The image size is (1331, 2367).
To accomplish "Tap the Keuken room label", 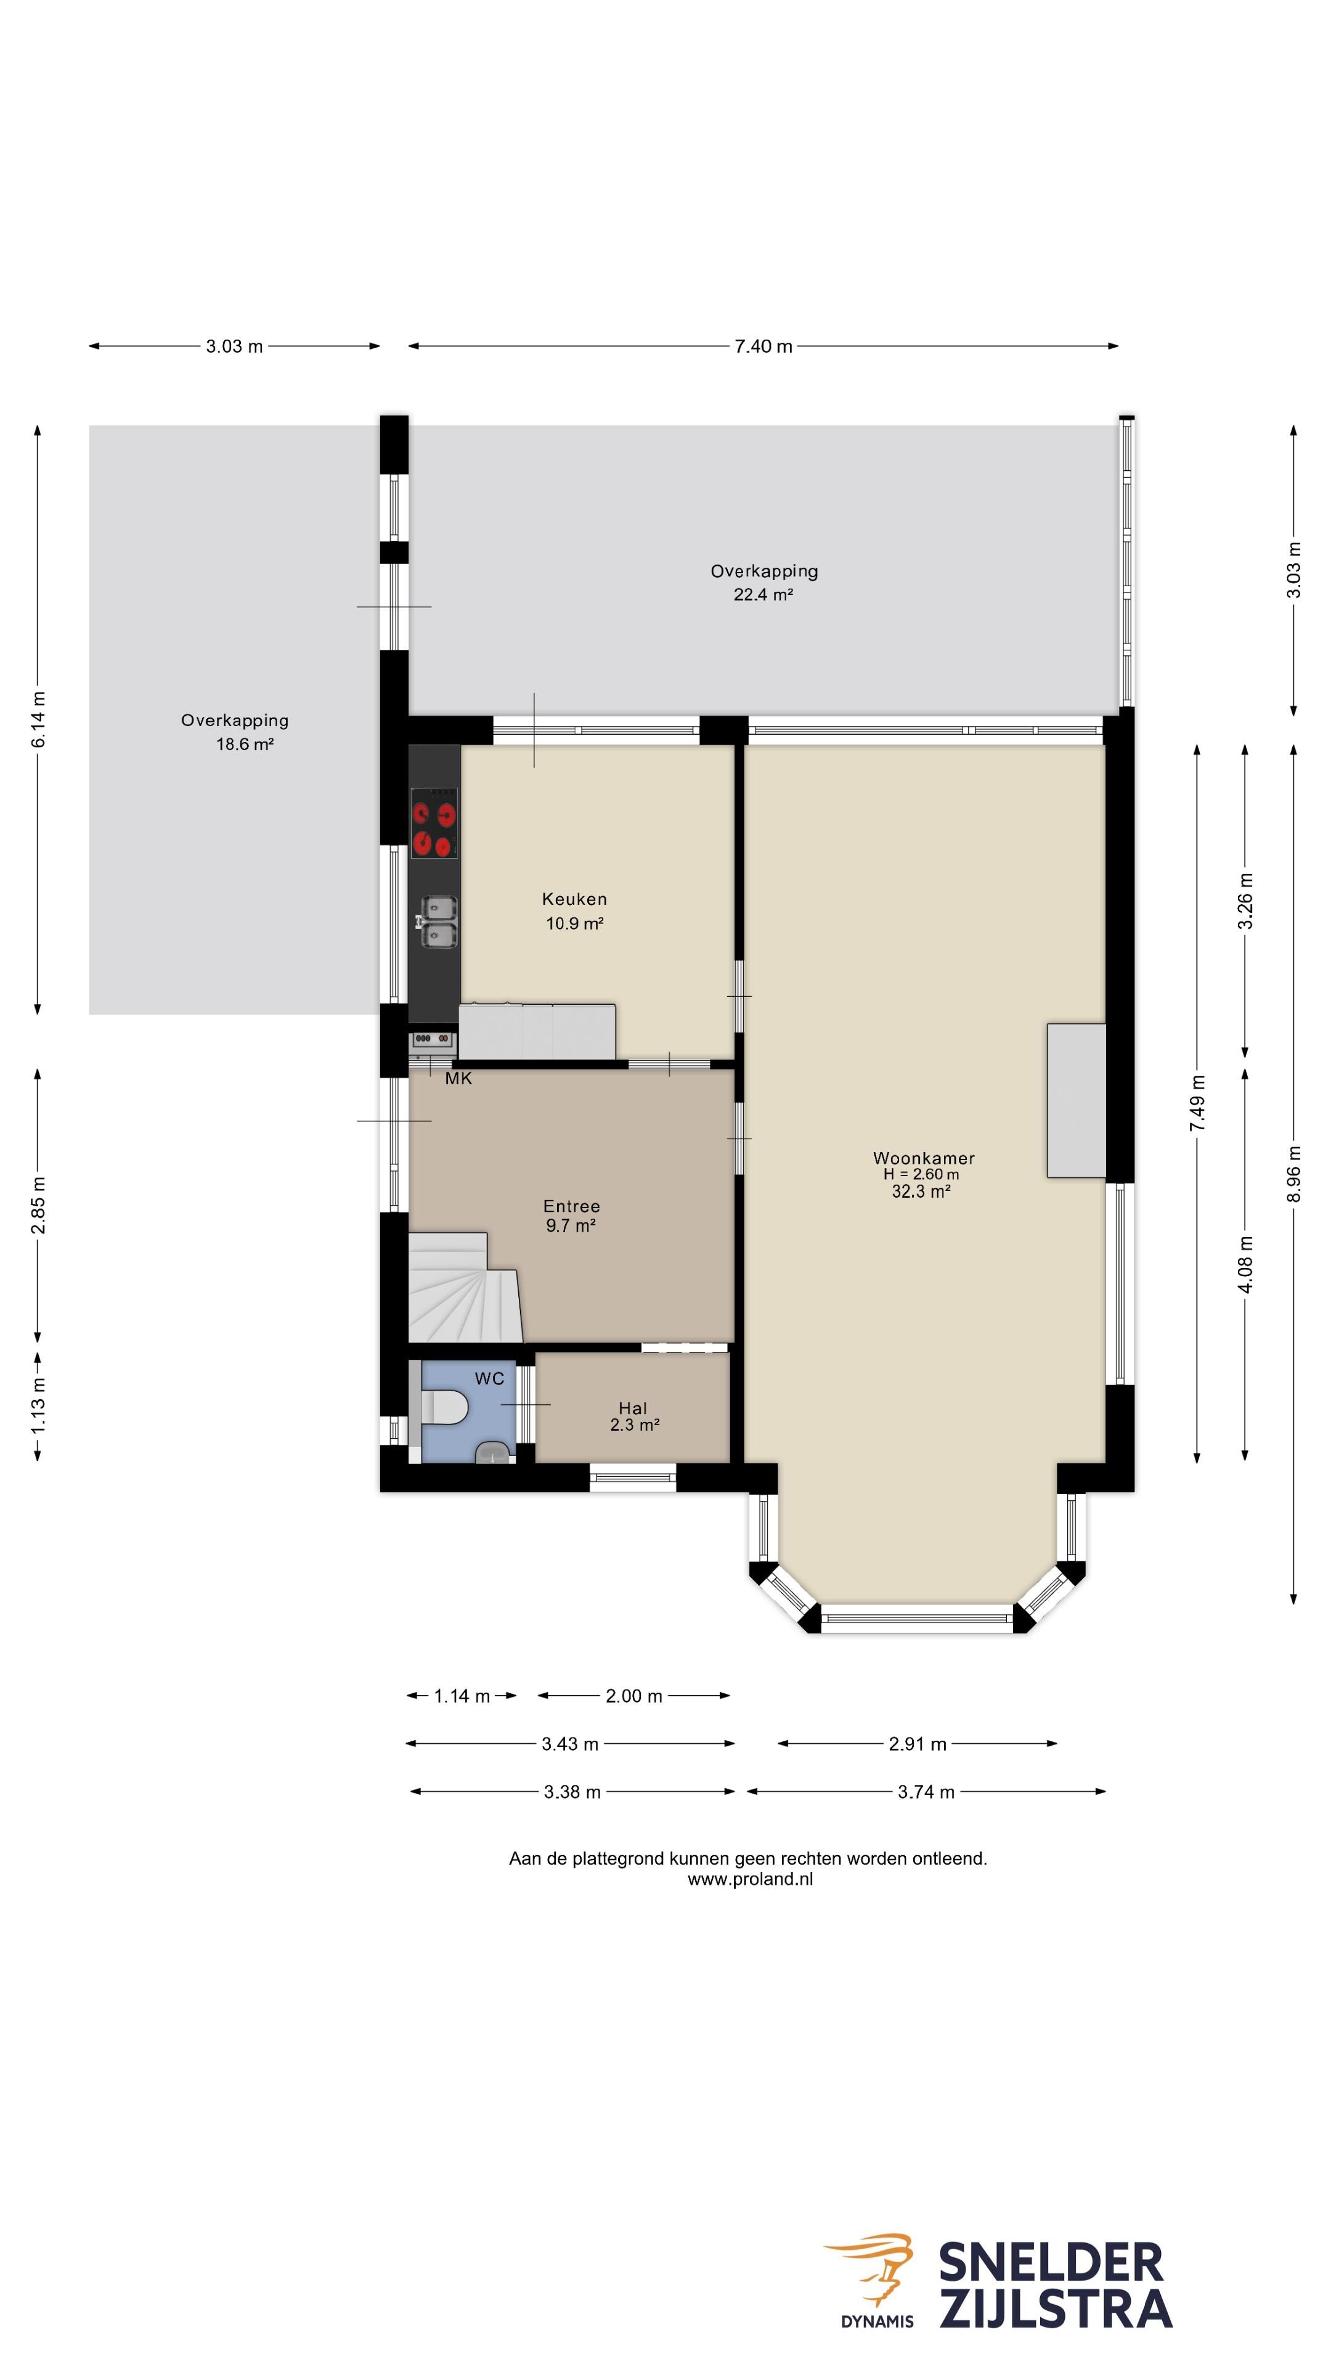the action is [574, 899].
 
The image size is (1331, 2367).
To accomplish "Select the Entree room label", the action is [571, 1206].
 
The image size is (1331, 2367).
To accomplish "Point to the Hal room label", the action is [633, 1408].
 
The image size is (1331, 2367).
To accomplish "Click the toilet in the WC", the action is [444, 1407].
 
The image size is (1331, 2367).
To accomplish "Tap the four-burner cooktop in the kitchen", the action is [434, 824].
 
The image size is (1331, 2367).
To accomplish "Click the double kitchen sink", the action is [438, 922].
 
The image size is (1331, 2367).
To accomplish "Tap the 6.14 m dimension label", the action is [38, 719].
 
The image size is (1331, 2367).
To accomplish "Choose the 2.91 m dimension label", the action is [917, 1744].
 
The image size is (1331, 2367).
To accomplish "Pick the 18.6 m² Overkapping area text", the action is [245, 744].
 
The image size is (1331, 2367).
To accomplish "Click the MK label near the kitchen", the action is [458, 1079].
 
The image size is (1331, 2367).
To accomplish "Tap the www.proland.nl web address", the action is [749, 1879].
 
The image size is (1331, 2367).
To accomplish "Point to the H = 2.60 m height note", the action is [921, 1174].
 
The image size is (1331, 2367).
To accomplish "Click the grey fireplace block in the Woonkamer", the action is [1076, 1101].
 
